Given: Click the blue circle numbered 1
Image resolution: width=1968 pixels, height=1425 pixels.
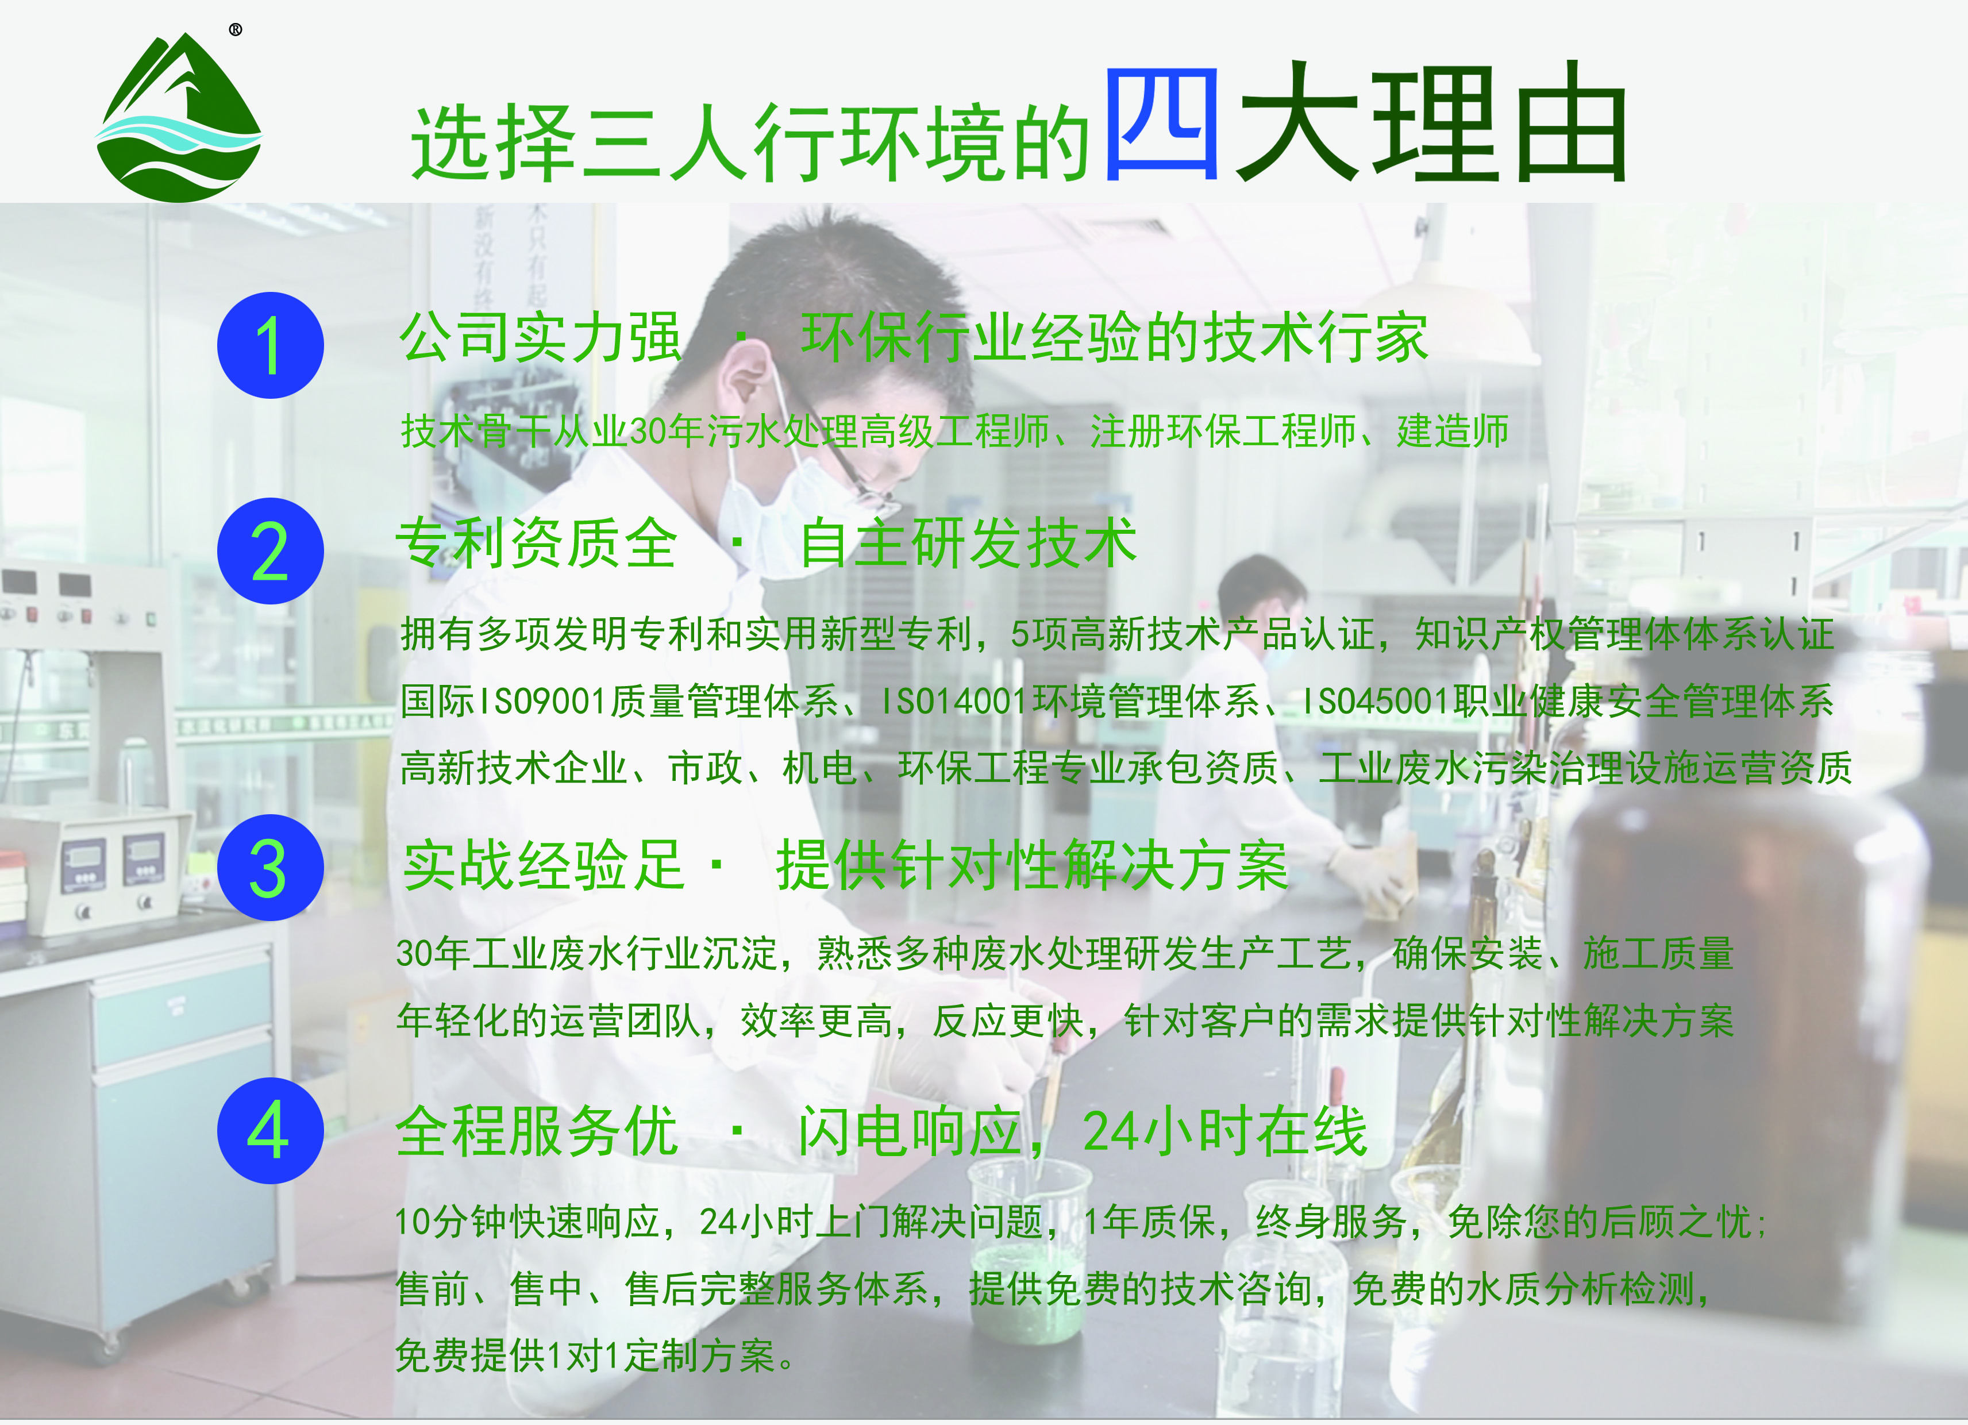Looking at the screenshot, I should click(x=270, y=345).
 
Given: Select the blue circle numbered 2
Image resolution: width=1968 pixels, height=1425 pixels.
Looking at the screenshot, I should click(x=270, y=551).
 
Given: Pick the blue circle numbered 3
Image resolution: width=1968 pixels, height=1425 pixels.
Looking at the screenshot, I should click(x=270, y=867).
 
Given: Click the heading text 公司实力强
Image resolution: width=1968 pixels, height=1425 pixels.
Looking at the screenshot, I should click(x=540, y=338).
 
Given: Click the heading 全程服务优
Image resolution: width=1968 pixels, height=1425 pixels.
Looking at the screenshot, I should click(x=536, y=1131).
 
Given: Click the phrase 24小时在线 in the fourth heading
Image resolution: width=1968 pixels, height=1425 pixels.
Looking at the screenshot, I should click(x=1223, y=1131).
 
